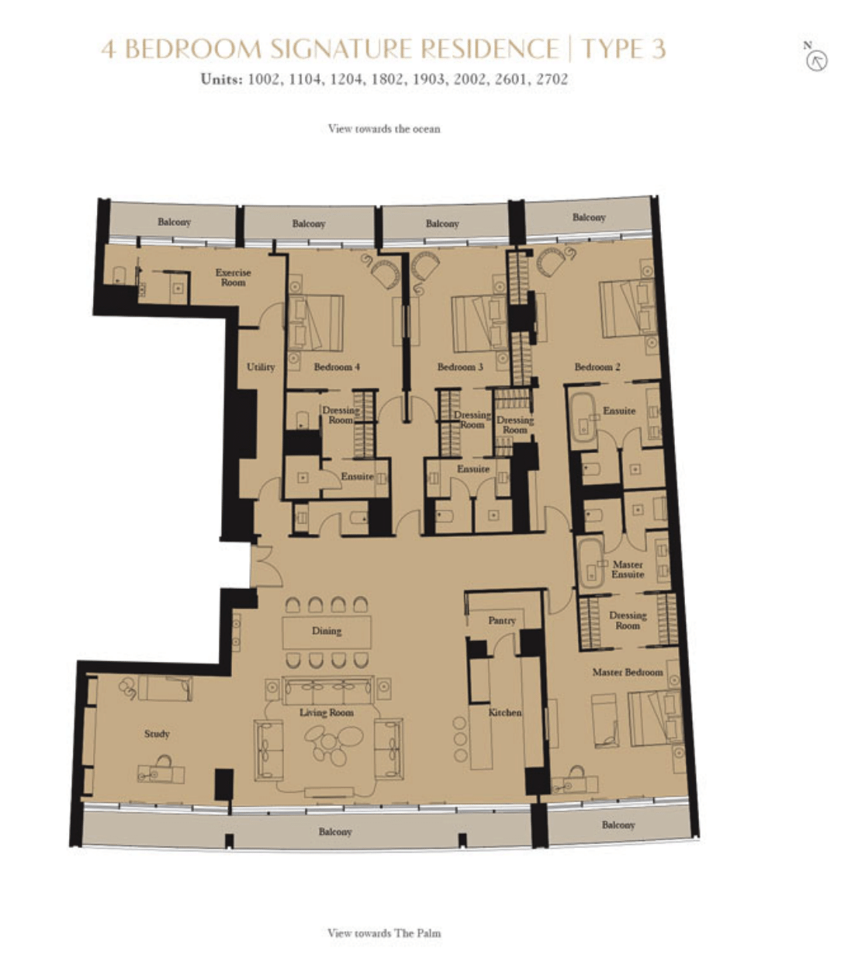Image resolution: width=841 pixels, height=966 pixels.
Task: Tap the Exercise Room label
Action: pos(234,277)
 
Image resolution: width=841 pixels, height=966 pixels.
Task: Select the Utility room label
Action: pos(261,367)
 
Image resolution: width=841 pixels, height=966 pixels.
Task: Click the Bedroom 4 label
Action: pos(337,367)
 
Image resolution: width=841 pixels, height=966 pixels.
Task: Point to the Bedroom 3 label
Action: pos(460,367)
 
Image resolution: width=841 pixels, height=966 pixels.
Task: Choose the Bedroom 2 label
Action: pos(597,367)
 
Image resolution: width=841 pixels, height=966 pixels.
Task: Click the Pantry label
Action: pos(502,621)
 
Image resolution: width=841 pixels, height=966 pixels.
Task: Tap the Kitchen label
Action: pos(505,712)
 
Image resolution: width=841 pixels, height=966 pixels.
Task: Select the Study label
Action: pos(157,734)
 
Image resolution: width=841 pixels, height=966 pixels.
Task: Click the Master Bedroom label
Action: pos(628,672)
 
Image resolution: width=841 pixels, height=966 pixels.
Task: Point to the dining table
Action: pos(327,632)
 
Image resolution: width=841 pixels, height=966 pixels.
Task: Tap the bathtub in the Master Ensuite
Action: pos(591,563)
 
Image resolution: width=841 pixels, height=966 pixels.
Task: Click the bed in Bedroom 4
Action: pos(316,323)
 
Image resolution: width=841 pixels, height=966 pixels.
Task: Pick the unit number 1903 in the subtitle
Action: pos(429,79)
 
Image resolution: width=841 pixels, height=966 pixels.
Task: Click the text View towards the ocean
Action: pos(384,129)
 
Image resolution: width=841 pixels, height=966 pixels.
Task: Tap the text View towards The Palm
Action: pos(384,933)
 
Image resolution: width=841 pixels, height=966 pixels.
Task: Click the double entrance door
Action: pos(265,566)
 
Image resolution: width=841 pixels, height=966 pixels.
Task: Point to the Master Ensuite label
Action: pos(628,570)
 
